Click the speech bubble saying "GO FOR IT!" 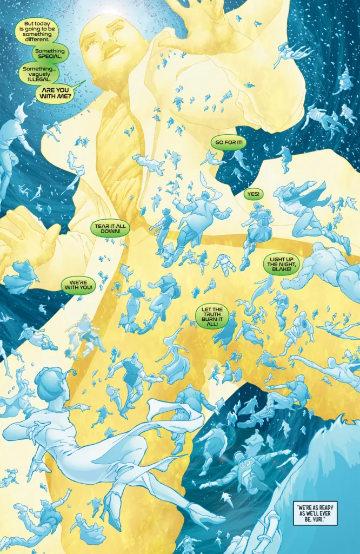tap(226, 142)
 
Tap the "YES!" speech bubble tap(252, 194)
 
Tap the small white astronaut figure tap(222, 266)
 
